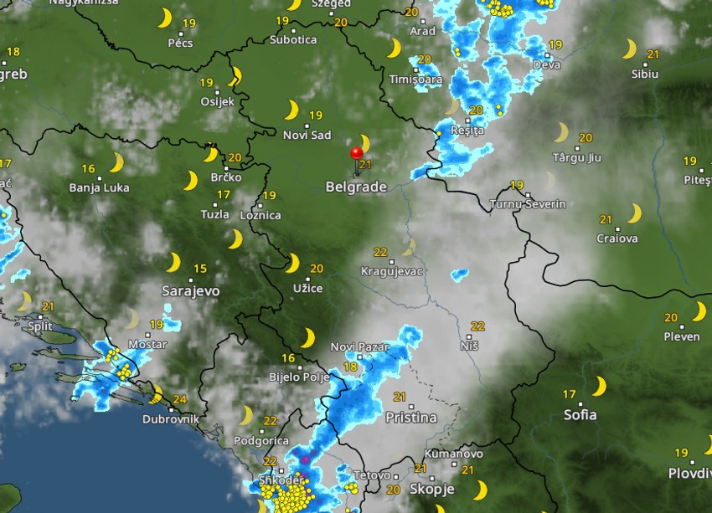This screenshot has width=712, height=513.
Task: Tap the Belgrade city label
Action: tap(356, 187)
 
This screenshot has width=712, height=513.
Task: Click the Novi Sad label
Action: tap(307, 136)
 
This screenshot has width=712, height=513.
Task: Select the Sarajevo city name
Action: tap(191, 291)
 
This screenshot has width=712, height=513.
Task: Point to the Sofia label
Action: tap(580, 414)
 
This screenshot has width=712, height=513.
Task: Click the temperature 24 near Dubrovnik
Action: tap(179, 400)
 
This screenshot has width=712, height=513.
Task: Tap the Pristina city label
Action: tap(410, 417)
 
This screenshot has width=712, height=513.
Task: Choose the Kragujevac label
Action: tap(392, 271)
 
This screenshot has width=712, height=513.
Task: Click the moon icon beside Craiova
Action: tap(634, 214)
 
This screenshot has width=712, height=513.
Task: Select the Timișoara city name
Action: tap(415, 80)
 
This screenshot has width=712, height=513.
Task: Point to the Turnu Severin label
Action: tap(528, 204)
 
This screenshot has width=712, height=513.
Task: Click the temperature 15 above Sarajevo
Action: tap(199, 269)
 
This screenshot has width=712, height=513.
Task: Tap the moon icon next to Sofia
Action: tap(599, 386)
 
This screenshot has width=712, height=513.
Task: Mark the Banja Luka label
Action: tap(99, 187)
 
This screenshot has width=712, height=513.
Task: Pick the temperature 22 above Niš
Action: tap(478, 326)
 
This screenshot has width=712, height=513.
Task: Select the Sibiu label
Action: tap(645, 74)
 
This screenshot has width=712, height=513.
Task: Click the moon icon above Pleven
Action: tap(699, 311)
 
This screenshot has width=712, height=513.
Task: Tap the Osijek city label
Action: tap(217, 102)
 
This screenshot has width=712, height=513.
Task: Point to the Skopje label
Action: tap(432, 489)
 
